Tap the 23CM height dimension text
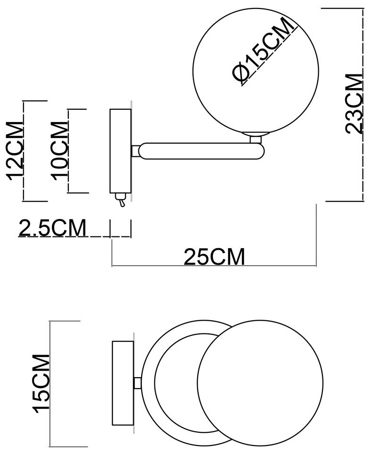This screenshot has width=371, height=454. pos(354,104)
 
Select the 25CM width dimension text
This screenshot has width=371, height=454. pos(214,257)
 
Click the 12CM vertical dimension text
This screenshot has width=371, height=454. pos(15,151)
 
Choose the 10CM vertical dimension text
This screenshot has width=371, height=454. pos(59,151)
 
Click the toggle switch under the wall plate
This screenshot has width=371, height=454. pos(121,200)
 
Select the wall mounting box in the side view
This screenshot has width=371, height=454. pos(120,151)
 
